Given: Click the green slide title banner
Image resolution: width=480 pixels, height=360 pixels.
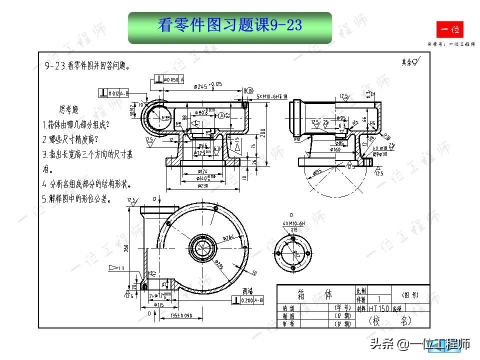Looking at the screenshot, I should coord(230,28).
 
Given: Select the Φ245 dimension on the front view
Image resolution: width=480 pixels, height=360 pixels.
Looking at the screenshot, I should coord(202,86).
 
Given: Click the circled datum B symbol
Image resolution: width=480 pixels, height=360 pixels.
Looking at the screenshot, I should coord(250,90).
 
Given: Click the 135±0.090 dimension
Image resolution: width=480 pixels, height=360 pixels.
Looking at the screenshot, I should coord(181,315).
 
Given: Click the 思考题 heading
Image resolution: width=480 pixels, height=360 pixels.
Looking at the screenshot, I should coord(69,109).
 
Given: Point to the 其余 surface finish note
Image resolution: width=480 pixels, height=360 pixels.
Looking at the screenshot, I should coord(410,62).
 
